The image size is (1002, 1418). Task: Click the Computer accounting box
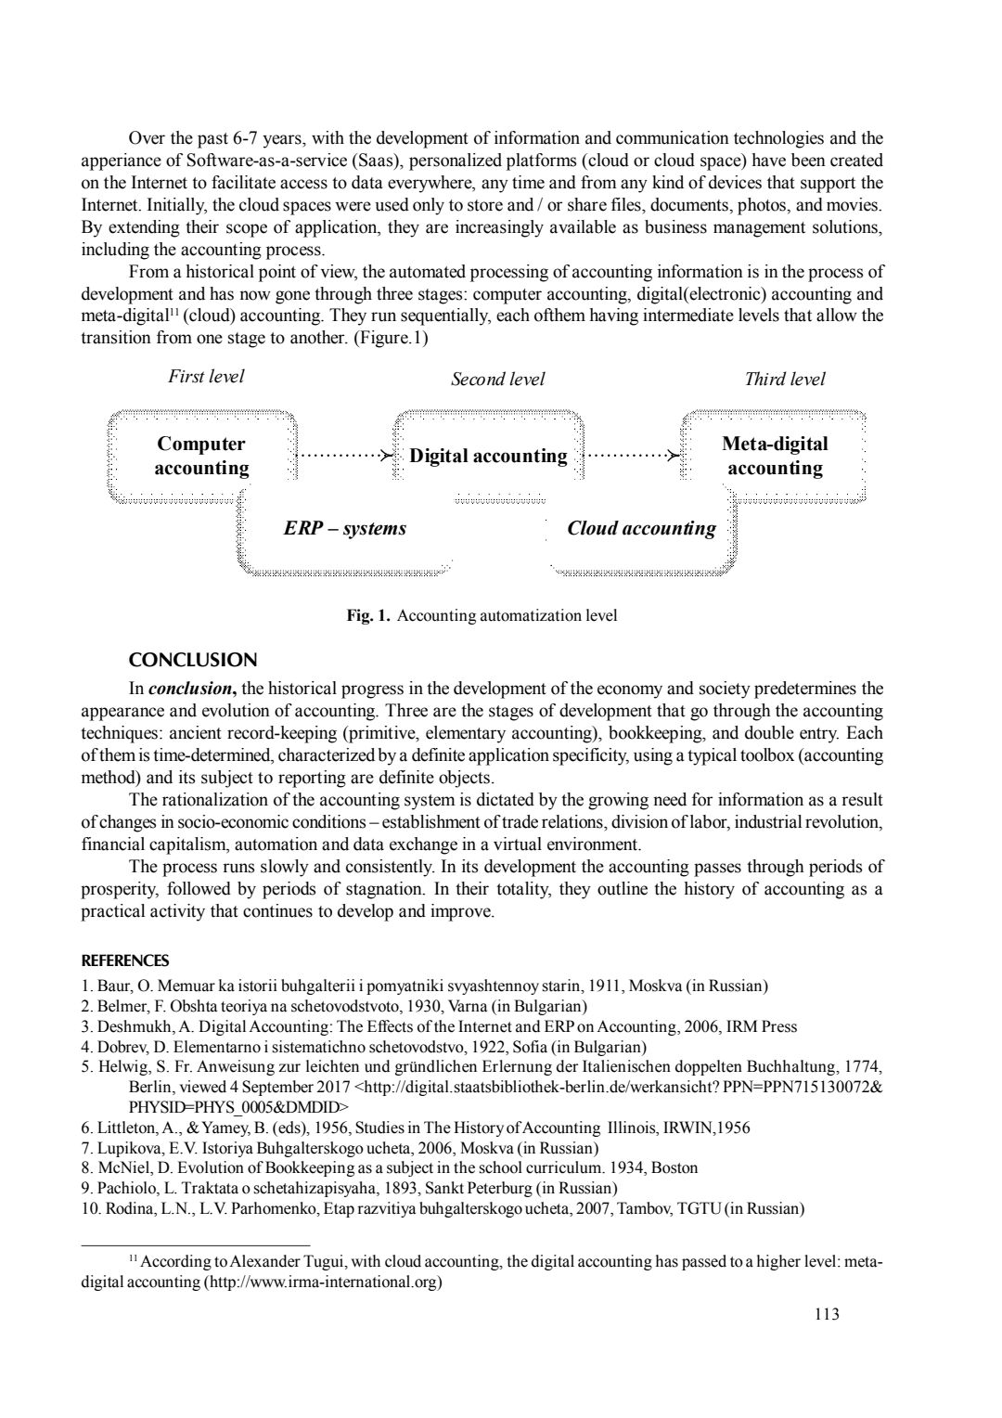[201, 456]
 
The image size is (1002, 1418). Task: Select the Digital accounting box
[488, 456]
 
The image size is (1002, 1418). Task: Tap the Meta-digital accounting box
[775, 456]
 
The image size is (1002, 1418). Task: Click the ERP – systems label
[344, 529]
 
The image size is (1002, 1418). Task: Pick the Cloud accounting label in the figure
[641, 529]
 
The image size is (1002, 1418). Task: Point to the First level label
[206, 376]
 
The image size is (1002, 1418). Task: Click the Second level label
[497, 379]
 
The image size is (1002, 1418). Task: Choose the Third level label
[784, 379]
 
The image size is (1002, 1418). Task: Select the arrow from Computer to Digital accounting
[343, 456]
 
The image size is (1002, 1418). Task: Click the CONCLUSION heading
[192, 661]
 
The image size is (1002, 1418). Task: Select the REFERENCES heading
[125, 960]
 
